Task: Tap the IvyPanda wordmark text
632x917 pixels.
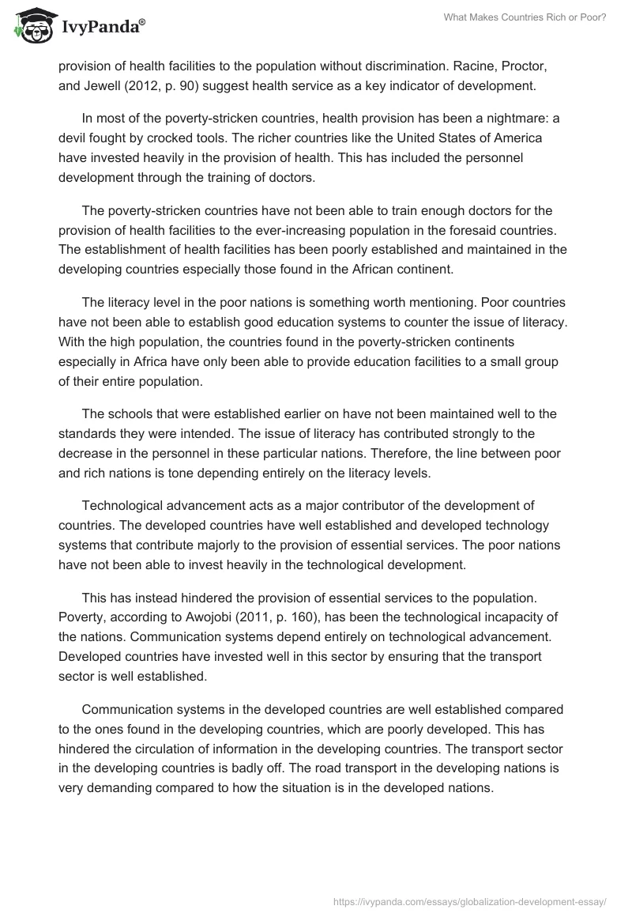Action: click(x=101, y=28)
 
